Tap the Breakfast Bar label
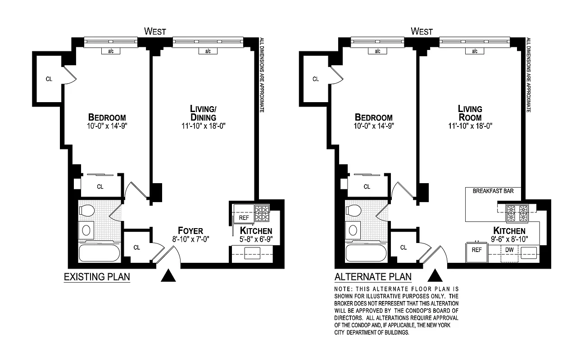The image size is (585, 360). coord(492,191)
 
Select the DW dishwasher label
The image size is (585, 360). coord(510,250)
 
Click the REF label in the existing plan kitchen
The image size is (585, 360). coord(244,218)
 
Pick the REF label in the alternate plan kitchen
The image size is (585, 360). coord(476,250)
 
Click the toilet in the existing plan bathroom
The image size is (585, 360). coord(86,210)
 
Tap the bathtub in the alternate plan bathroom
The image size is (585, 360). coord(366,253)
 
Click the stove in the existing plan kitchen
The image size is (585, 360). coord(262,213)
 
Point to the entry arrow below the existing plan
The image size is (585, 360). coord(168,276)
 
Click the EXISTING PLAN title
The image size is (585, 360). coord(97,277)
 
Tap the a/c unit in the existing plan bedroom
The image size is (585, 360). coord(111,51)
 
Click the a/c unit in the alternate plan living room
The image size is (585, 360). coord(475,51)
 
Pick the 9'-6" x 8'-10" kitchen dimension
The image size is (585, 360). coord(509,238)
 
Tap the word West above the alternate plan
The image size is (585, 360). coord(422,31)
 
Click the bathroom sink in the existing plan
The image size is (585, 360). coord(86,231)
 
